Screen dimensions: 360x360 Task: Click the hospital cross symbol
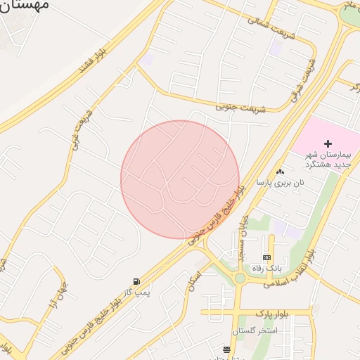(328, 143)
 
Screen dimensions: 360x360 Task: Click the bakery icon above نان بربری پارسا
(280, 172)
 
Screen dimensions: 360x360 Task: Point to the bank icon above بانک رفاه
(266, 257)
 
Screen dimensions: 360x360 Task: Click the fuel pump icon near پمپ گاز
(136, 281)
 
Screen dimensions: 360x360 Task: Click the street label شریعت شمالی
(269, 26)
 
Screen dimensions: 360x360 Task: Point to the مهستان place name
(25, 6)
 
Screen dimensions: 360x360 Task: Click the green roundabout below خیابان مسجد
(240, 278)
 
